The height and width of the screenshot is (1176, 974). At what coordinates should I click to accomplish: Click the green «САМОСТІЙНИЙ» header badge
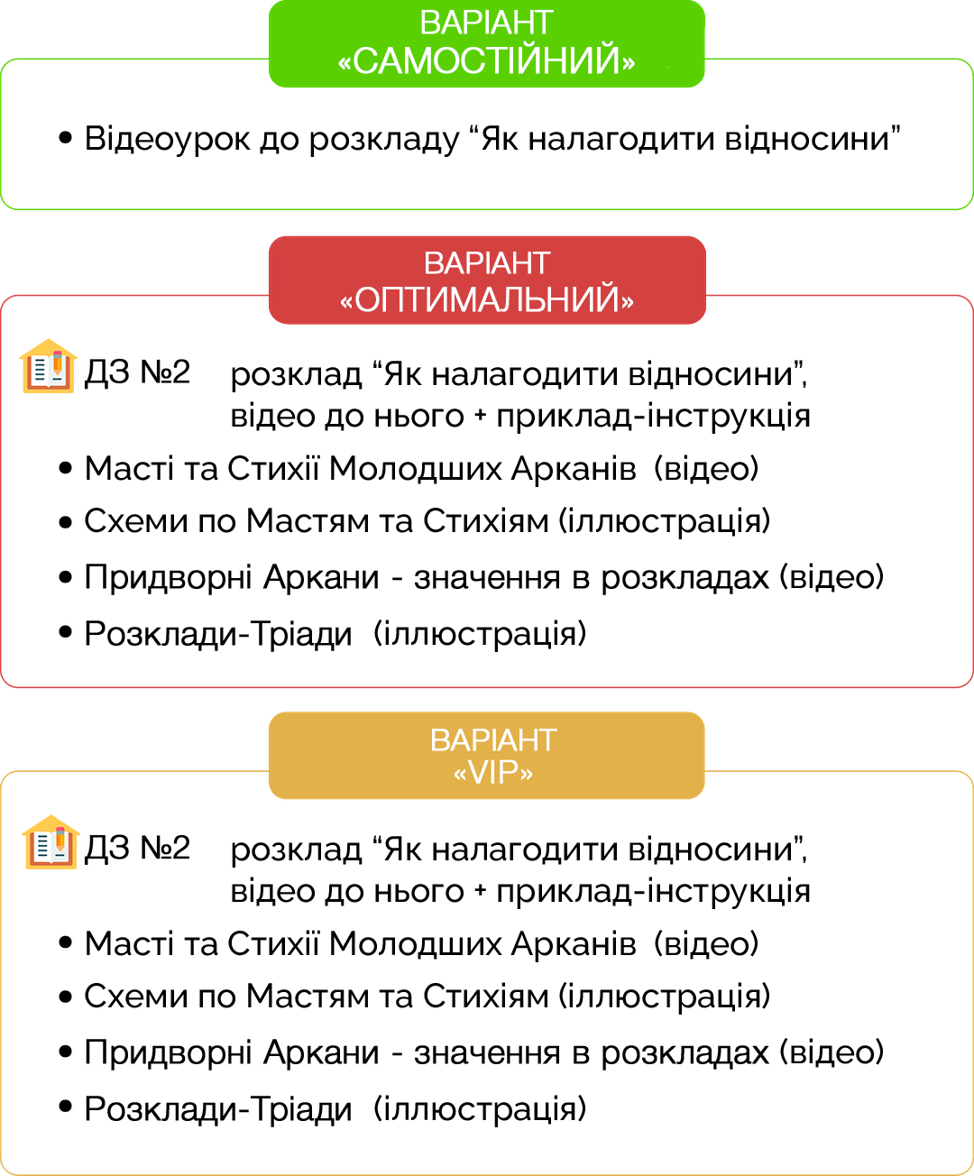[486, 43]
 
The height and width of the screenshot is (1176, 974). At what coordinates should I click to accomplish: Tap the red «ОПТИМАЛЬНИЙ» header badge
[486, 280]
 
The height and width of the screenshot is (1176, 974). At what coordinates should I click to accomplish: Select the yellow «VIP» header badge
[486, 756]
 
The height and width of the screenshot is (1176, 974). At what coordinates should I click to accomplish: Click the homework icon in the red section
[48, 366]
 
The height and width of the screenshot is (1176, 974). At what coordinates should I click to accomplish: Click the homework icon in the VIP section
[51, 842]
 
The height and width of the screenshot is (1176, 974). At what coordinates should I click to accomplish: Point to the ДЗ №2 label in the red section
[137, 372]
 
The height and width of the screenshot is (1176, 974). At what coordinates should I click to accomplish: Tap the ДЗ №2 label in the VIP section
[137, 848]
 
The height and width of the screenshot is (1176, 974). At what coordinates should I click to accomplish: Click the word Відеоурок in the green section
[167, 139]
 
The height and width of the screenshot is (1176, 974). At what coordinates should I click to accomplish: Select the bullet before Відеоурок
[65, 137]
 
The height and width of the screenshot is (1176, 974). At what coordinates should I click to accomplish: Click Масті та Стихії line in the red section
[361, 469]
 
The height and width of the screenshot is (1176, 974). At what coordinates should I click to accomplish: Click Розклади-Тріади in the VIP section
[217, 1108]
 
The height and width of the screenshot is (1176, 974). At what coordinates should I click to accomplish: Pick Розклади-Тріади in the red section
[217, 634]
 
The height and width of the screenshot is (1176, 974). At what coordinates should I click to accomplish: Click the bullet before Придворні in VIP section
[65, 1052]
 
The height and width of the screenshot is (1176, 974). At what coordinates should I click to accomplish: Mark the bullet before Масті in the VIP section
[65, 942]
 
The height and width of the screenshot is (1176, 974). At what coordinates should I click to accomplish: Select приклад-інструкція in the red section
[653, 417]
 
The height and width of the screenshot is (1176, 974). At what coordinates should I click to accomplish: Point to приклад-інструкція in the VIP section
[653, 892]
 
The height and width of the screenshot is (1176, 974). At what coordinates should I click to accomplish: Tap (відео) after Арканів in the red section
[706, 469]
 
